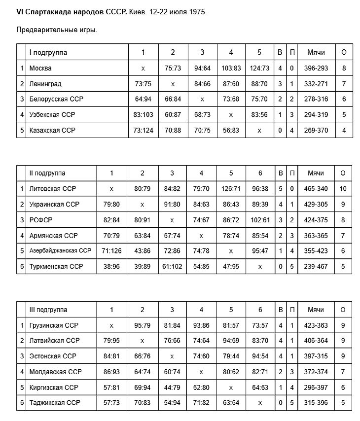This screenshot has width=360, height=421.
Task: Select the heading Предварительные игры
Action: (57, 30)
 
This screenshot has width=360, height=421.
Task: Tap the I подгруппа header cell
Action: (48, 52)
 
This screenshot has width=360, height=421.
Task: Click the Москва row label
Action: (40, 68)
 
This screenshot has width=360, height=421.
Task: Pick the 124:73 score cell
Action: (259, 68)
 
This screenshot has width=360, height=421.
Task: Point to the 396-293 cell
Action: (316, 68)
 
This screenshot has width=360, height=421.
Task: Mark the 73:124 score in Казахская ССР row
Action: (143, 130)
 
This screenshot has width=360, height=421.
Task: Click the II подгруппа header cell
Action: (48, 173)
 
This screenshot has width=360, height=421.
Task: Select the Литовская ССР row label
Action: (53, 189)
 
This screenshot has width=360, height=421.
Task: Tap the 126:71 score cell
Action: (231, 189)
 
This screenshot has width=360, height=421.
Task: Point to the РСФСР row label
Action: (41, 220)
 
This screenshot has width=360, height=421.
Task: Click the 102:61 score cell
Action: (260, 220)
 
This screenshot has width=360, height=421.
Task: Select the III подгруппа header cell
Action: (48, 310)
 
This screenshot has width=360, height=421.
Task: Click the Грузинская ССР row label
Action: (54, 325)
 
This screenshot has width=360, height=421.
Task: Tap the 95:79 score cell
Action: (142, 325)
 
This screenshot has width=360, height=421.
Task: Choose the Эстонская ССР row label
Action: (52, 356)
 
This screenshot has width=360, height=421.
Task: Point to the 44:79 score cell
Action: (172, 387)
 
